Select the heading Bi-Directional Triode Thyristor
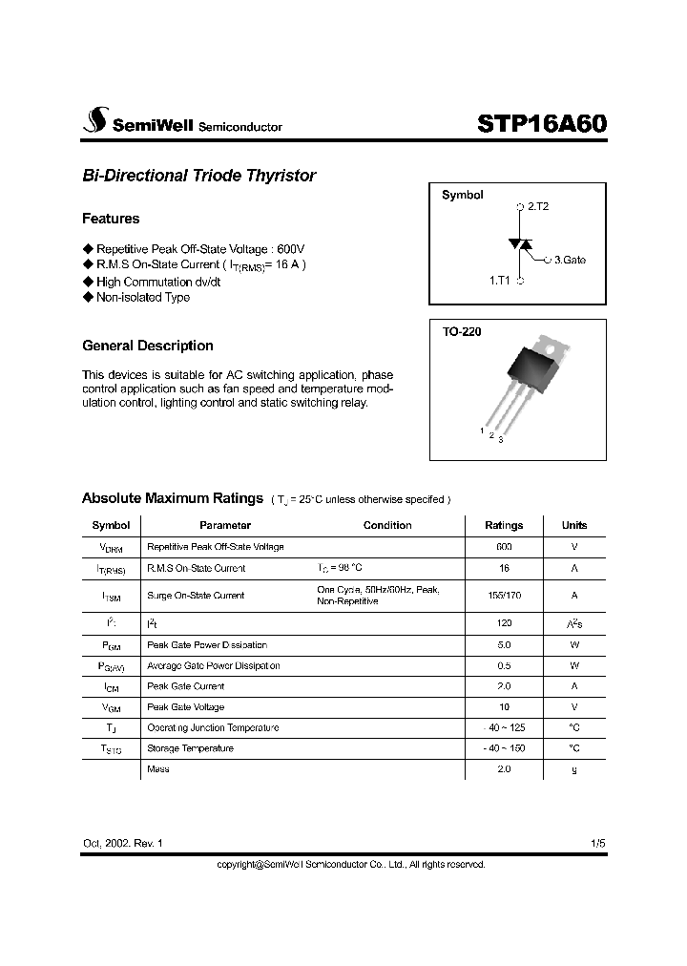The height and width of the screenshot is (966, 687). click(198, 176)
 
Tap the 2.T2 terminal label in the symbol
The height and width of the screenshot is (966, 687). click(537, 205)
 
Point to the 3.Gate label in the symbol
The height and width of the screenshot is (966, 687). click(570, 259)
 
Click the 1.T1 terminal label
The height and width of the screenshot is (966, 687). click(501, 281)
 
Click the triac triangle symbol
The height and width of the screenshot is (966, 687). click(520, 244)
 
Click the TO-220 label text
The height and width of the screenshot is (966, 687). click(462, 332)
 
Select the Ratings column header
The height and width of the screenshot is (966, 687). click(504, 525)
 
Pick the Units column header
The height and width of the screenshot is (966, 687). click(574, 525)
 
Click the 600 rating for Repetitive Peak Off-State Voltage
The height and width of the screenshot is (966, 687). click(504, 547)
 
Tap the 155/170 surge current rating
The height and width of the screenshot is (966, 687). click(504, 595)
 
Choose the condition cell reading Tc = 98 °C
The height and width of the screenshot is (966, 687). click(340, 568)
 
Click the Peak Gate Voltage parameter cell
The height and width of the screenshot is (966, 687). click(185, 707)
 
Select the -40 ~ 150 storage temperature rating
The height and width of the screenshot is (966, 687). click(504, 748)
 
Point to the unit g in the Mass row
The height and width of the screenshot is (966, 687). click(574, 769)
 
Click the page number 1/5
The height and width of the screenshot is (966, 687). click(597, 845)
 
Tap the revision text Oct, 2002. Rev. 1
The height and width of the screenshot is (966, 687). click(123, 845)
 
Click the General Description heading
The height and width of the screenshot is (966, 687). click(148, 346)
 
